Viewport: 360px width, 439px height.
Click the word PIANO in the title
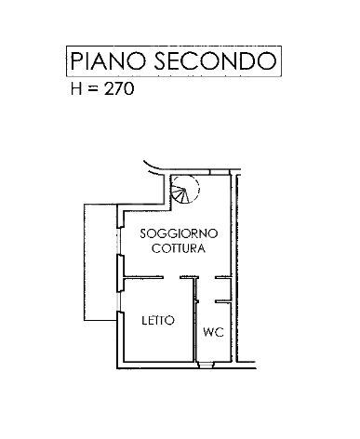pyautogui.click(x=103, y=62)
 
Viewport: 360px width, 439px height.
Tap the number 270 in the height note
pyautogui.click(x=121, y=91)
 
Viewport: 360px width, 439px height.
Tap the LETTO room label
pyautogui.click(x=157, y=321)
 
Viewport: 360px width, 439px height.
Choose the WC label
pyautogui.click(x=212, y=330)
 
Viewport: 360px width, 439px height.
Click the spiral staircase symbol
pyautogui.click(x=185, y=193)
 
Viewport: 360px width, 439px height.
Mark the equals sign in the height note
pyautogui.click(x=95, y=91)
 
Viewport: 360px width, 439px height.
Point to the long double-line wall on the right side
pyautogui.click(x=236, y=270)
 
